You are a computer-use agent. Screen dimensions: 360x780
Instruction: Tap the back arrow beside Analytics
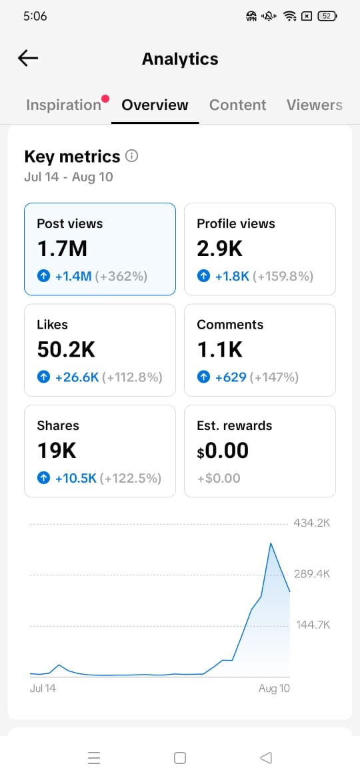point(28,58)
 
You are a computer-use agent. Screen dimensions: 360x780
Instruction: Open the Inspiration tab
point(63,105)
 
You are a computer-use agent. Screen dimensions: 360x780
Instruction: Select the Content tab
point(238,105)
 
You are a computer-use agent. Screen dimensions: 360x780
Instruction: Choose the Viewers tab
point(314,105)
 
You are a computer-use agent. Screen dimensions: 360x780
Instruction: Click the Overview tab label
point(155,105)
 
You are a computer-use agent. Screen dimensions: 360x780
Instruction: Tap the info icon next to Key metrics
point(132,156)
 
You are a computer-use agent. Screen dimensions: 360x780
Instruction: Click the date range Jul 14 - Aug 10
point(69,177)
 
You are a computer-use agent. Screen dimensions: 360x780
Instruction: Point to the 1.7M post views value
point(62,249)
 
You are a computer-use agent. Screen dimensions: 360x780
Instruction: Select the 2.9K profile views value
point(220,249)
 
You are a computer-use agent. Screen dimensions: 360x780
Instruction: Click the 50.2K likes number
point(66,350)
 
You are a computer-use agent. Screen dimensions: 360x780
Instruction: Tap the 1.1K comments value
point(220,350)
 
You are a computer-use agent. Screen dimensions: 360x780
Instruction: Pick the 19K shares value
point(57,451)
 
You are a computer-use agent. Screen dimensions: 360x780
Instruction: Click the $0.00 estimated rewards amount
point(223,451)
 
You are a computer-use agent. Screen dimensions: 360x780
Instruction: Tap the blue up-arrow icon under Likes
point(44,377)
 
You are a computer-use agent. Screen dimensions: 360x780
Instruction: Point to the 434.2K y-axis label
point(312,523)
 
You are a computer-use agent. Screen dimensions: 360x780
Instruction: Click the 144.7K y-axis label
point(313,625)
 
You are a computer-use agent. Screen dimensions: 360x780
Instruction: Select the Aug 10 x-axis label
point(274,689)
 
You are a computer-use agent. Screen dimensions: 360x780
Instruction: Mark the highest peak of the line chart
point(271,543)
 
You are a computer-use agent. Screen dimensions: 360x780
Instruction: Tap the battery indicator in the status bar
point(327,16)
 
